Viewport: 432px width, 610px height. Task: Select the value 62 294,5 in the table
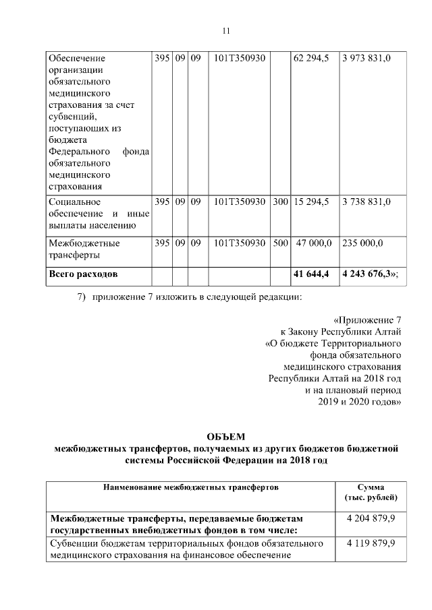[x=311, y=59]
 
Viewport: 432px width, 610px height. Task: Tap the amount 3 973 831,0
[x=367, y=59]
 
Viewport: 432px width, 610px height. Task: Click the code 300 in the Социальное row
[x=280, y=202]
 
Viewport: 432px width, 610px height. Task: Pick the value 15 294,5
[x=311, y=202]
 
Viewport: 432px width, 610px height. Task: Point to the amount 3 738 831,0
[x=367, y=202]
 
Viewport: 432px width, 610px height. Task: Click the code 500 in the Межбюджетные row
[x=280, y=243]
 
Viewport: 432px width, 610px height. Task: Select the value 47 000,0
[x=313, y=243]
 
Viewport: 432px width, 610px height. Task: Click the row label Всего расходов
[x=83, y=275]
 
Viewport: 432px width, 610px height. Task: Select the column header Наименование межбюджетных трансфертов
[x=190, y=486]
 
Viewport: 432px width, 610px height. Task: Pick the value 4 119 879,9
[x=371, y=543]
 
